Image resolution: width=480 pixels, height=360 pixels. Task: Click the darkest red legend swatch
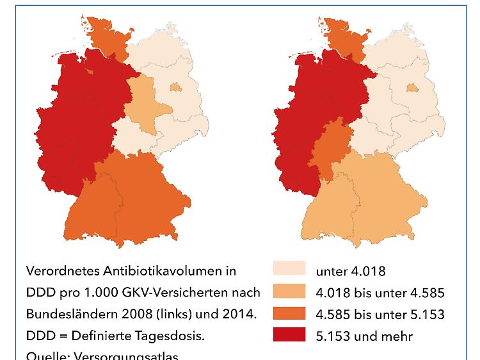[289, 335]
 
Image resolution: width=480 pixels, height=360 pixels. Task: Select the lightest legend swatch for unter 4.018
[289, 270]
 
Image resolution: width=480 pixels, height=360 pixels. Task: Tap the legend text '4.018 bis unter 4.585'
[380, 293]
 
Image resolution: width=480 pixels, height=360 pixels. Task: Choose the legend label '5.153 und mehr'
[364, 336]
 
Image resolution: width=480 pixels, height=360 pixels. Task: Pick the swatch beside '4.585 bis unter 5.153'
[289, 313]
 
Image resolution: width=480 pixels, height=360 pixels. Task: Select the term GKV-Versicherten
[170, 293]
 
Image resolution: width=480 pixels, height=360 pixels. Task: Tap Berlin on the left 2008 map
[175, 88]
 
